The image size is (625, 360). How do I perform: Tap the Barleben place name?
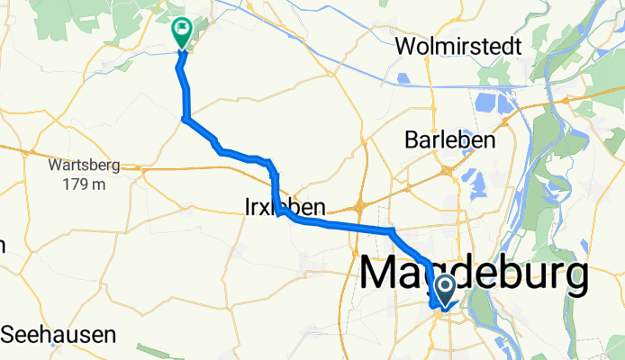coord(450,140)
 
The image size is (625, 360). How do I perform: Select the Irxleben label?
coord(284,206)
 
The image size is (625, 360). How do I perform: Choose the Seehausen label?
coord(59,335)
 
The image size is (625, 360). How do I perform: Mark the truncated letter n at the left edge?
coord(2,245)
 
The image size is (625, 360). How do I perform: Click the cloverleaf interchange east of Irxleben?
coord(360,206)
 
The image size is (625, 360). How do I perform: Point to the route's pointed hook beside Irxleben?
coord(278,215)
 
